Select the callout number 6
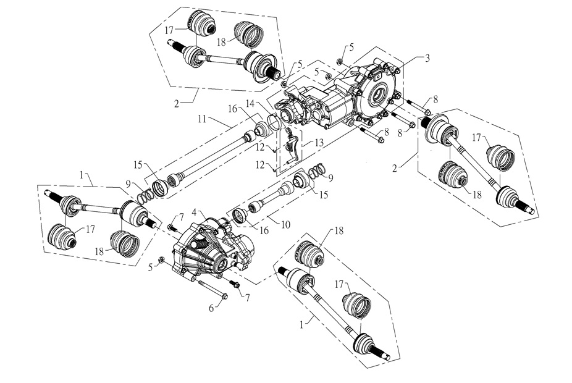click(x=211, y=307)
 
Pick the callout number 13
click(x=319, y=142)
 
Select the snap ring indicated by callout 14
click(x=275, y=121)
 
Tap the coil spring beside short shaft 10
click(x=316, y=170)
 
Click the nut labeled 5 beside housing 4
click(x=161, y=259)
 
